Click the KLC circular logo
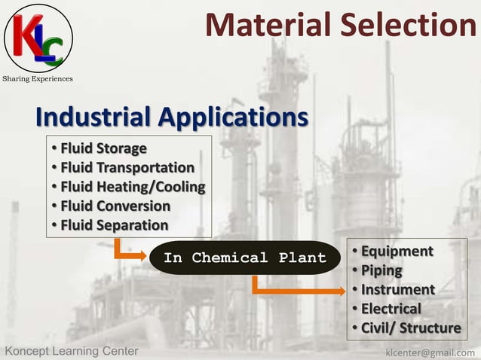[x=38, y=38]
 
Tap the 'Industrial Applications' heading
[x=172, y=117]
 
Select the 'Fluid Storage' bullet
[x=103, y=148]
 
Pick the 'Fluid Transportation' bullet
[x=127, y=167]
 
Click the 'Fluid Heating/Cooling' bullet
[x=133, y=187]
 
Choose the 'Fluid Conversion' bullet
[x=115, y=206]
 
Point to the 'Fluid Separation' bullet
[x=114, y=225]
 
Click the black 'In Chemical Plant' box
[x=245, y=258]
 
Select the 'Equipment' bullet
[x=397, y=251]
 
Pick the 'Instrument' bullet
[x=397, y=290]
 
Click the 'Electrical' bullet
[x=391, y=309]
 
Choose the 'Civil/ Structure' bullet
[x=411, y=328]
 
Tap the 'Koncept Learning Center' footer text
[x=72, y=352]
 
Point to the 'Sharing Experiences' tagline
[x=38, y=78]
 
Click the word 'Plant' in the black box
[x=302, y=258]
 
